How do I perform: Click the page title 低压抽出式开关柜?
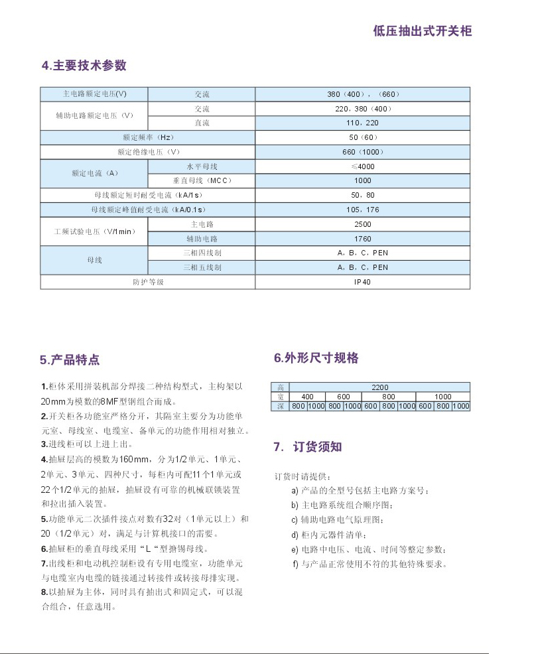coord(422,31)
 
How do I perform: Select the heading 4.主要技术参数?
coord(84,66)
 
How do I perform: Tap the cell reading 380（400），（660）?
coord(363,94)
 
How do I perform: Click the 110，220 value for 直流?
coord(363,123)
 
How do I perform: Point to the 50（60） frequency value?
coord(363,137)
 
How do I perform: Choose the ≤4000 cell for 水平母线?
coord(363,166)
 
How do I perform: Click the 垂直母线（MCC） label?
coord(202,180)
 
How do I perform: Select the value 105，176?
coord(363,210)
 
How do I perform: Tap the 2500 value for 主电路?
coord(363,224)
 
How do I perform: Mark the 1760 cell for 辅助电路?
coord(363,239)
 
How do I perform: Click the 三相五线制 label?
coord(202,267)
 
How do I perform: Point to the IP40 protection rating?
coord(363,282)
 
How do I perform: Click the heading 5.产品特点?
coord(70,360)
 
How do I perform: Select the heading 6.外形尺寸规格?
coord(316,358)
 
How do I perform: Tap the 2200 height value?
coord(379,387)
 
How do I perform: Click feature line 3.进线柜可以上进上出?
coord(87,444)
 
